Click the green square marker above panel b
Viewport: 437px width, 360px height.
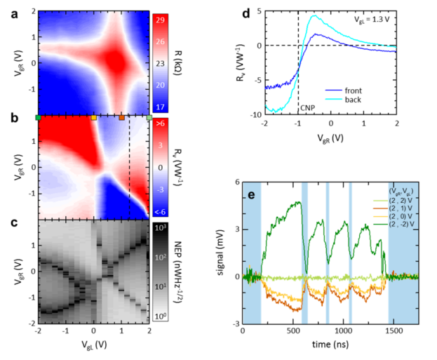38,117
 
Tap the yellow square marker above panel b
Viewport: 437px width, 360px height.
93,117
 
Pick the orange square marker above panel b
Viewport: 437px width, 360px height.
121,117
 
